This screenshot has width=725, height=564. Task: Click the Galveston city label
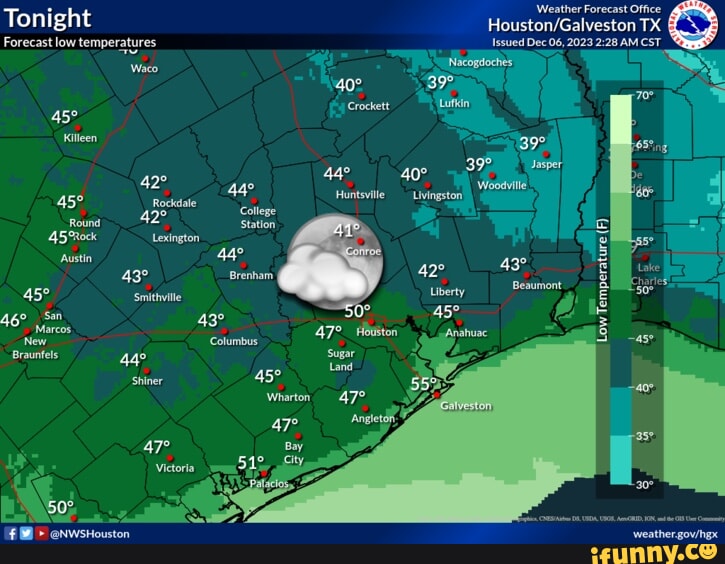point(466,406)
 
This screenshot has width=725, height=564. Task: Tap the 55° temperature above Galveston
point(424,384)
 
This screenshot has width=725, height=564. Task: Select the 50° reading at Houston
point(357,311)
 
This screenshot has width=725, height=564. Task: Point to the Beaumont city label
point(537,285)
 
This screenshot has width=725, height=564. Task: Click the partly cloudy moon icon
point(332,259)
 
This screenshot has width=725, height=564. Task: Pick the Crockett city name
point(368,106)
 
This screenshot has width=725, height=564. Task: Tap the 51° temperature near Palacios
point(250,463)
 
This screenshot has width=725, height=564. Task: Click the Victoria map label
point(175,468)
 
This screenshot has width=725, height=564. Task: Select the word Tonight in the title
point(48,18)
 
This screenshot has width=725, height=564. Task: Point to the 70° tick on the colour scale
point(644,97)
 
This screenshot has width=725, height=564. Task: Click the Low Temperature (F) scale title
point(602,282)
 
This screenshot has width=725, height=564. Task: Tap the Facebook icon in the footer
point(11,534)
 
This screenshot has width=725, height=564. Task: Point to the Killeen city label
point(80,138)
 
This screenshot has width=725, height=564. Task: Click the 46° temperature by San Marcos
point(13,321)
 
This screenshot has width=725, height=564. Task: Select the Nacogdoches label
point(480,62)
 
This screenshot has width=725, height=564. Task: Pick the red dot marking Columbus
point(225,331)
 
